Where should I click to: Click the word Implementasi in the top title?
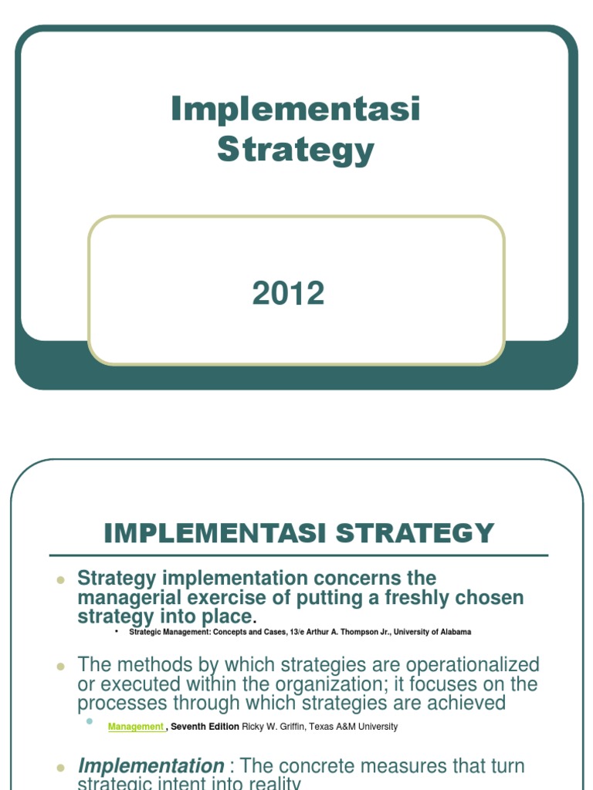(296, 109)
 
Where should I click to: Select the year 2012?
(288, 294)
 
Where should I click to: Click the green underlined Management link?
(136, 727)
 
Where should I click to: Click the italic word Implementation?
(151, 766)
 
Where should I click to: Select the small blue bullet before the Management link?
(90, 721)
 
